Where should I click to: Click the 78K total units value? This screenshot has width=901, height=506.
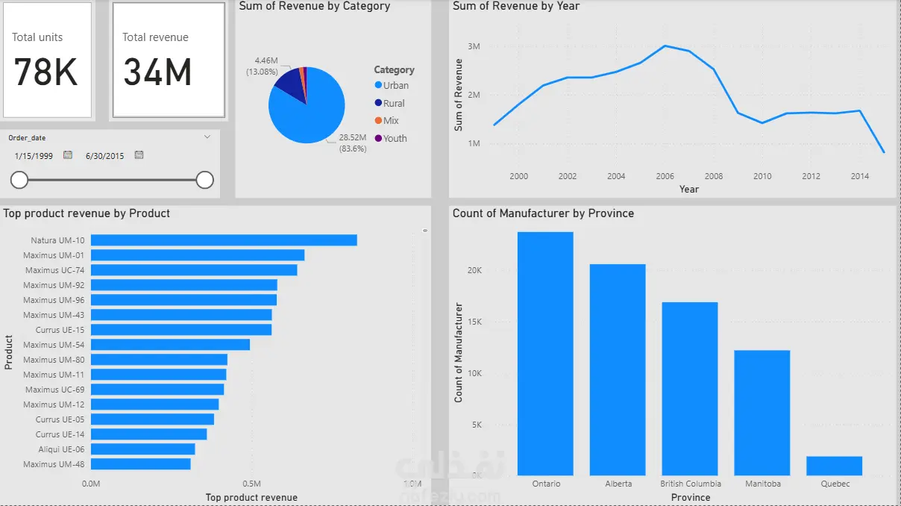click(x=45, y=72)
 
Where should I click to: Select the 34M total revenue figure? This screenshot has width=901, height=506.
click(x=157, y=72)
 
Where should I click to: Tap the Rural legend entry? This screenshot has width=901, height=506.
click(x=394, y=103)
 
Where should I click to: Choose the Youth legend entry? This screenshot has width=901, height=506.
click(x=395, y=138)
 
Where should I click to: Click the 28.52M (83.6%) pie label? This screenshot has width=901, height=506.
click(x=352, y=143)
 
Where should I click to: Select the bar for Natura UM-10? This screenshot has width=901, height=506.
click(x=224, y=240)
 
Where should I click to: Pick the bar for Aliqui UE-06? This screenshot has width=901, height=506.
click(x=142, y=449)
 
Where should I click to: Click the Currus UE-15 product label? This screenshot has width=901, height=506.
click(x=60, y=330)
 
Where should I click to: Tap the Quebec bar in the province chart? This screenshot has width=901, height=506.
click(x=834, y=466)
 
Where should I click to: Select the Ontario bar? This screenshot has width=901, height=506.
click(x=545, y=354)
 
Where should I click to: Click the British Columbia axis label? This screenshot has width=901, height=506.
click(x=691, y=484)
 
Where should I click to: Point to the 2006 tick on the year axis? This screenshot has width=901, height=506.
click(x=665, y=176)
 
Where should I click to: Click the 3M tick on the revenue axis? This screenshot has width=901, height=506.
click(x=474, y=46)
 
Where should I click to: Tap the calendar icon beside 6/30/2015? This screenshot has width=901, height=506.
click(x=139, y=155)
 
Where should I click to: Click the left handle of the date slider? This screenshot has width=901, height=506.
click(x=19, y=180)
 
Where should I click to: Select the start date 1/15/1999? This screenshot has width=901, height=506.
click(x=33, y=155)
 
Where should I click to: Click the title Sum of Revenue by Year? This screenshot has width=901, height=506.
click(x=515, y=6)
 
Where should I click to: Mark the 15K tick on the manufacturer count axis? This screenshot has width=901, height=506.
click(x=474, y=322)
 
